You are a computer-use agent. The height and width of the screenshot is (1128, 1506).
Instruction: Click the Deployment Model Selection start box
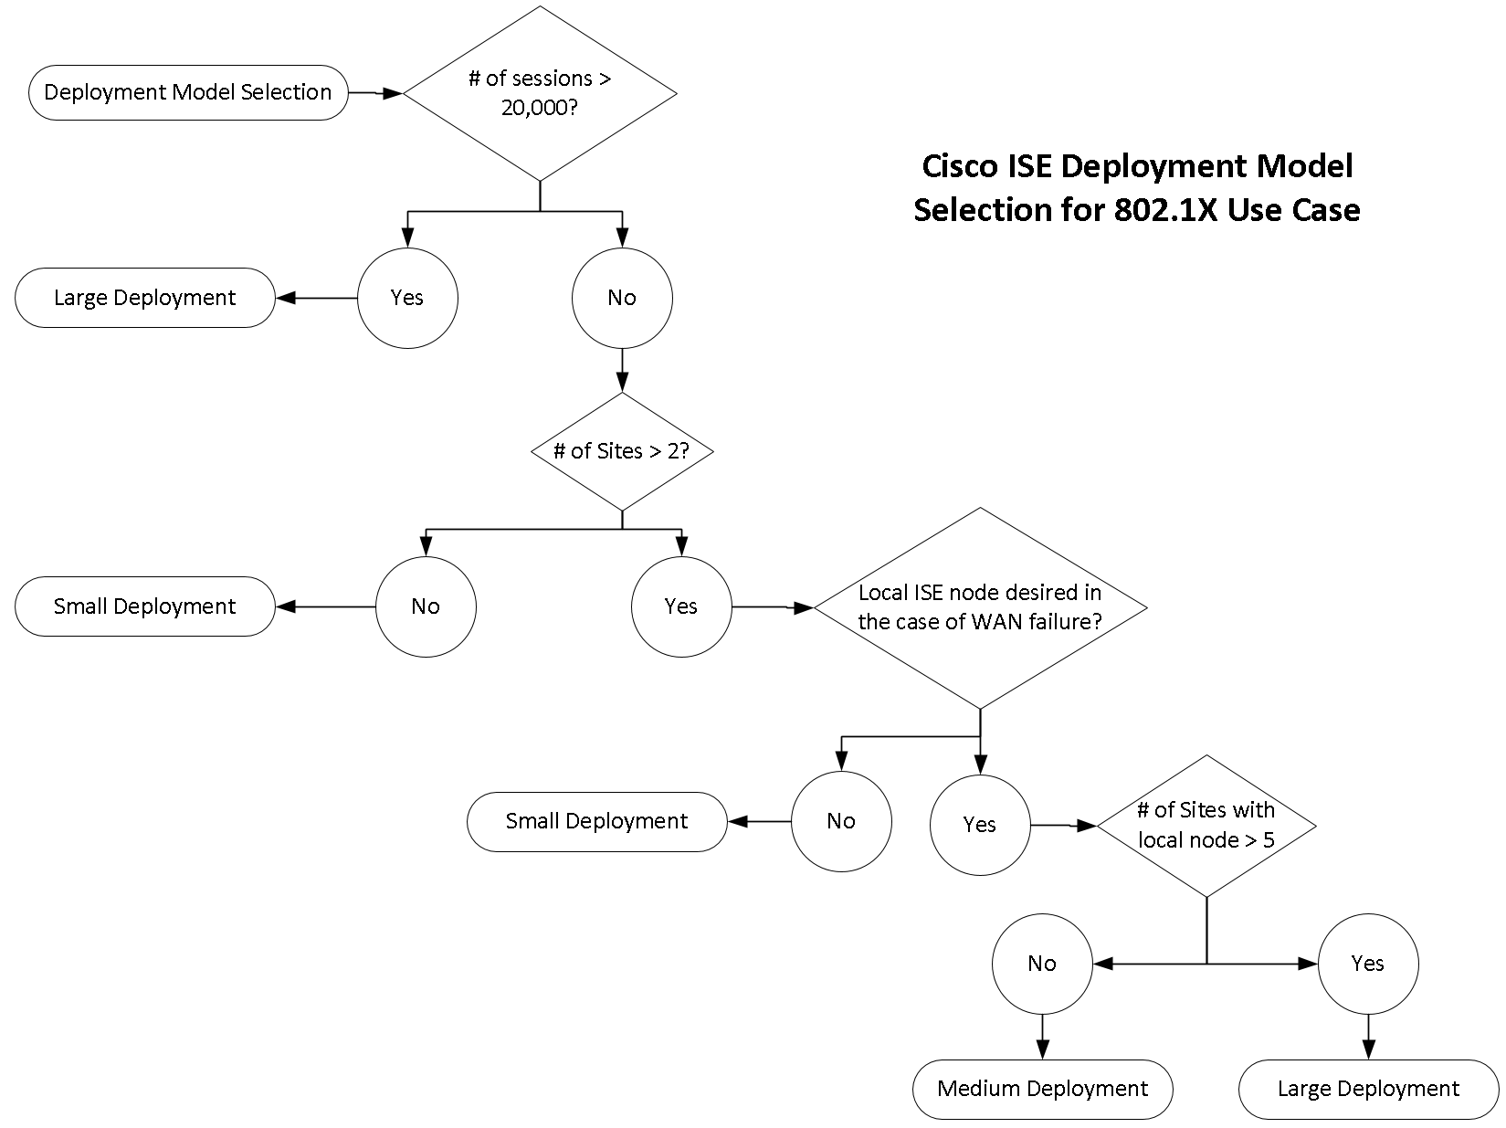pyautogui.click(x=188, y=92)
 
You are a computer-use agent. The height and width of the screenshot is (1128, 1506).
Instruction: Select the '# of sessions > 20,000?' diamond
pyautogui.click(x=540, y=93)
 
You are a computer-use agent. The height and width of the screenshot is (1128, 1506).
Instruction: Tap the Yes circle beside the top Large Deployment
pyautogui.click(x=407, y=298)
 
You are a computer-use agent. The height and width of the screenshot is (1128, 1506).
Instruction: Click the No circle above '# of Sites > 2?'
pyautogui.click(x=622, y=298)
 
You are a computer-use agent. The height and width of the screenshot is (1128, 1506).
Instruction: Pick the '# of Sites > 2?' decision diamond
pyautogui.click(x=622, y=451)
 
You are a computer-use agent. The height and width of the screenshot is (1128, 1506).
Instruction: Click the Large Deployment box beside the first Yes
pyautogui.click(x=145, y=298)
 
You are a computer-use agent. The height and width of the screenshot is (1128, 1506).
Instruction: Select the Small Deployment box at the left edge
pyautogui.click(x=145, y=606)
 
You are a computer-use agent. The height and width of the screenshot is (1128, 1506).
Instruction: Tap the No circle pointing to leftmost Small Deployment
pyautogui.click(x=426, y=606)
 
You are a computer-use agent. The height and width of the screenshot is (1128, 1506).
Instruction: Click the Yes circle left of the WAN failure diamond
pyautogui.click(x=681, y=606)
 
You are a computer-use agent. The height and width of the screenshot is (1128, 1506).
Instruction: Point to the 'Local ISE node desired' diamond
pyautogui.click(x=980, y=607)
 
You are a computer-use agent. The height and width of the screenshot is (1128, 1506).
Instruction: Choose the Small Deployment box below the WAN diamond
pyautogui.click(x=597, y=821)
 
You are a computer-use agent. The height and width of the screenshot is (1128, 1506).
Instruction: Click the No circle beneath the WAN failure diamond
pyautogui.click(x=841, y=821)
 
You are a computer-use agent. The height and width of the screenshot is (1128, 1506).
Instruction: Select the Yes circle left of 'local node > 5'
pyautogui.click(x=980, y=825)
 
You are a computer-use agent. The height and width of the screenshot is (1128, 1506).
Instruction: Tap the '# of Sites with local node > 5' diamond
pyautogui.click(x=1206, y=825)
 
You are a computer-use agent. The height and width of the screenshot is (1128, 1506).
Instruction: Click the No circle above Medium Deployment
pyautogui.click(x=1042, y=964)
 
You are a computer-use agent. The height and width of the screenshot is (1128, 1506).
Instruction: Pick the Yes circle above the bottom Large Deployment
pyautogui.click(x=1368, y=964)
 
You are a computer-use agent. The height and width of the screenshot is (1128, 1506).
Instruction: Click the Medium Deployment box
pyautogui.click(x=1042, y=1089)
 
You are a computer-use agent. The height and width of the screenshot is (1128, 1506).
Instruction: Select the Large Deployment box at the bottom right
pyautogui.click(x=1368, y=1089)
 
